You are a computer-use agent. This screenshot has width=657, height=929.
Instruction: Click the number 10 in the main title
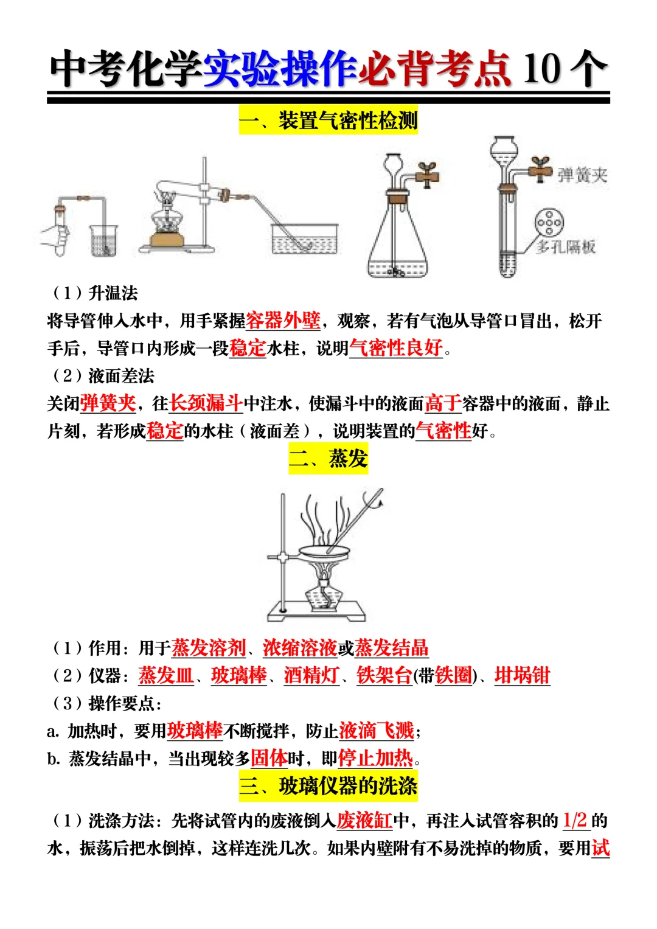pos(541,68)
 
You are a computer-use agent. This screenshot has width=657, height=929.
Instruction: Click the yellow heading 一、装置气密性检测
pos(328,120)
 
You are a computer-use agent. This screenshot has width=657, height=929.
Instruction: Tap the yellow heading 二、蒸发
pos(328,458)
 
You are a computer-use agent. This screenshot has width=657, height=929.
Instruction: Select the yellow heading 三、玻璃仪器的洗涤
pos(328,785)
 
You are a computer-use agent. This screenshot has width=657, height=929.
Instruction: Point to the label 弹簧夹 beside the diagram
pos(583,176)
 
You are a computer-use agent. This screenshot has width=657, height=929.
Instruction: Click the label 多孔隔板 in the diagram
pos(566,247)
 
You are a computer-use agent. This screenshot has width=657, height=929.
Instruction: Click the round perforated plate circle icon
pos(549,223)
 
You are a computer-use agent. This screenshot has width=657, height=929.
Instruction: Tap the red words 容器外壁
pos(283,321)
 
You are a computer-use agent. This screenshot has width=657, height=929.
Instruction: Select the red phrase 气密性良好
pos(396,348)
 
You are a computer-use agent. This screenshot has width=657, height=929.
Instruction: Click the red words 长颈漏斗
pos(206,403)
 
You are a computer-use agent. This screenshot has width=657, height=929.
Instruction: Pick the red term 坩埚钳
pos(522,675)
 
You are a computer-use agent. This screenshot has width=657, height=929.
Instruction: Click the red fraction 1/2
pos(575,820)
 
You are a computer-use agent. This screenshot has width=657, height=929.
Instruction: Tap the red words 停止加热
pos(375,758)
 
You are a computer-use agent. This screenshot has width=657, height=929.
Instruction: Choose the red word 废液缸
pos(364,820)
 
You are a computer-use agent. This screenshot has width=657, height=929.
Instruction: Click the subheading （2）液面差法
pos(103,376)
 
